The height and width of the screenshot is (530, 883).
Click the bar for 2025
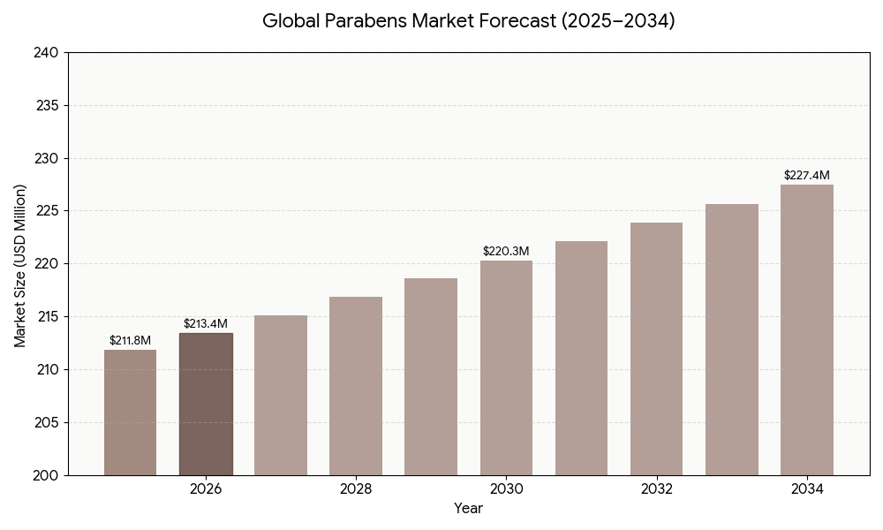(130, 413)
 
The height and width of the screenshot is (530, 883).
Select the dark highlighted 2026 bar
(206, 404)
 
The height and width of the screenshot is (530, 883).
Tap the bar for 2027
(281, 395)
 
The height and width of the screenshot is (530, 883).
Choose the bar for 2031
(581, 358)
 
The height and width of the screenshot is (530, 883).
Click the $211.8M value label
(130, 341)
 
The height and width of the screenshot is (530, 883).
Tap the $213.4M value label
(206, 324)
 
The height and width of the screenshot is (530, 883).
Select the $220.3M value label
(506, 252)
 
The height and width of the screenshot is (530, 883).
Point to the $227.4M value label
(806, 176)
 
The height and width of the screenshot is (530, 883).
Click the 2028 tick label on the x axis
(356, 489)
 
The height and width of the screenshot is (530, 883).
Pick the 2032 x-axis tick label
(656, 489)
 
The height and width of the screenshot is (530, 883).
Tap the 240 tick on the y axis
(47, 53)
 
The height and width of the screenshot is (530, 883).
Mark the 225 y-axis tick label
(47, 211)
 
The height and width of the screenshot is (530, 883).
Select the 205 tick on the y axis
(47, 422)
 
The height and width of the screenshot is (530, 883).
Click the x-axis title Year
(468, 509)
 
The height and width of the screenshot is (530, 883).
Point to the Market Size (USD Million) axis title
(20, 265)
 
